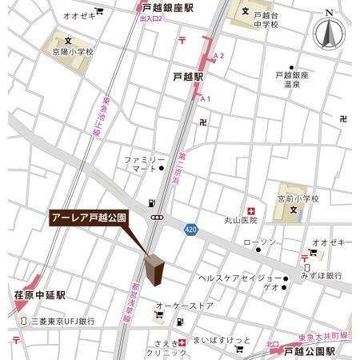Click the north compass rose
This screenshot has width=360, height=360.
tap(329, 34)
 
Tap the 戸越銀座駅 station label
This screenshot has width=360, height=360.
tap(165, 6)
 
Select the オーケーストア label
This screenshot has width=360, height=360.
tap(185, 306)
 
